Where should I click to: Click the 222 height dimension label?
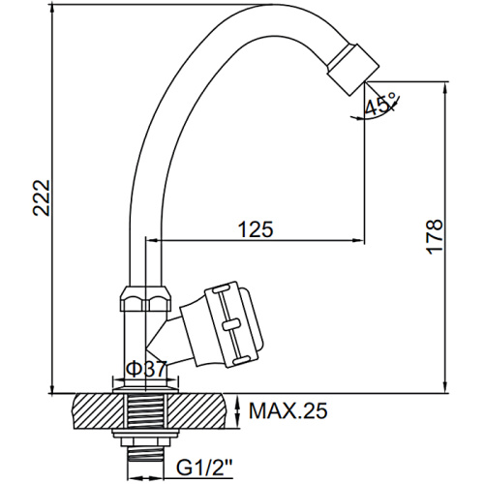[x=42, y=197]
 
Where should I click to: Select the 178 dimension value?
[x=435, y=236]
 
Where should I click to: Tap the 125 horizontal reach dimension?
[x=256, y=229]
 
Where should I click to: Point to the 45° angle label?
[x=380, y=104]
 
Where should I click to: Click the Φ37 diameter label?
[x=146, y=369]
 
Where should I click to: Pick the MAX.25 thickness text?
[x=288, y=410]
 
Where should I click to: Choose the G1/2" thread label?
[x=204, y=467]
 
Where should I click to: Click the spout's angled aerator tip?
[x=352, y=70]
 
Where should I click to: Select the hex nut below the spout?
[x=147, y=299]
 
